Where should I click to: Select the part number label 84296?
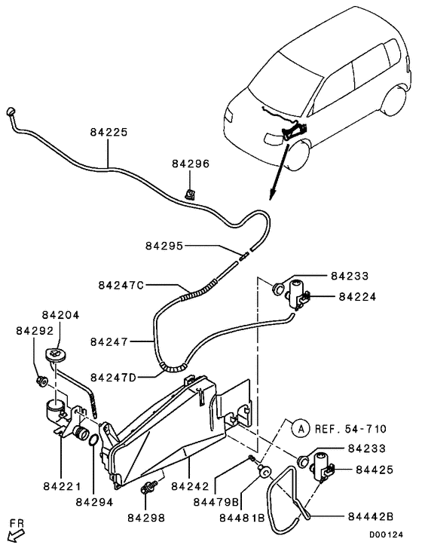coord(190,164)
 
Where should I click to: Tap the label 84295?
coord(164,246)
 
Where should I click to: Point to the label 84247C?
coord(121,286)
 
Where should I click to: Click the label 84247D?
coord(113,376)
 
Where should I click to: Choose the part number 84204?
coord(60,315)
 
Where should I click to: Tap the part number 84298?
coord(145,517)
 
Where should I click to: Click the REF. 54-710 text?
coord(350,429)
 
